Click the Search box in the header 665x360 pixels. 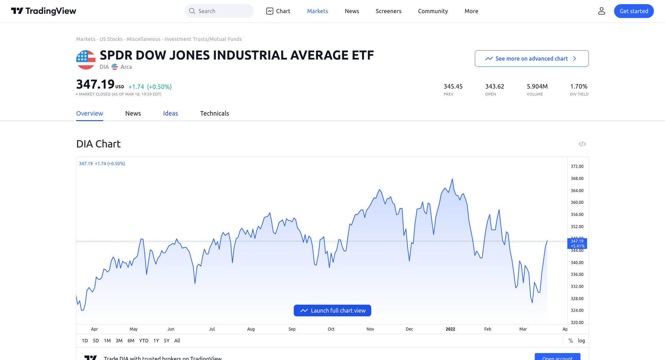219,11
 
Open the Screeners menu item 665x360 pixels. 388,11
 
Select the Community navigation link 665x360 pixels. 433,11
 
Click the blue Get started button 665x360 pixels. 633,11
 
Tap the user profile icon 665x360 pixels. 601,11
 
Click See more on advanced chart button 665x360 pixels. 531,58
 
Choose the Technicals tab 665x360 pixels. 214,114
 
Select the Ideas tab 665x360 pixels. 170,114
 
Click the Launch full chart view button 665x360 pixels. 332,310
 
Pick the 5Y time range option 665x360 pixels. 167,341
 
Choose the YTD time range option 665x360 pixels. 144,341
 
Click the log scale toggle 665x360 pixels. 581,341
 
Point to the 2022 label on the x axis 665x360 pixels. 450,329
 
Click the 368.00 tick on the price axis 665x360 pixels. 577,179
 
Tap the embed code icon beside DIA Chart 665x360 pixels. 582,144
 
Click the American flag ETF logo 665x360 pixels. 86,60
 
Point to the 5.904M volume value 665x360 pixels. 537,87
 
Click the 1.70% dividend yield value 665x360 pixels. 579,87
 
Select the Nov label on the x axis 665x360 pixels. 370,329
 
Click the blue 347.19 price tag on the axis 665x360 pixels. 577,243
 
